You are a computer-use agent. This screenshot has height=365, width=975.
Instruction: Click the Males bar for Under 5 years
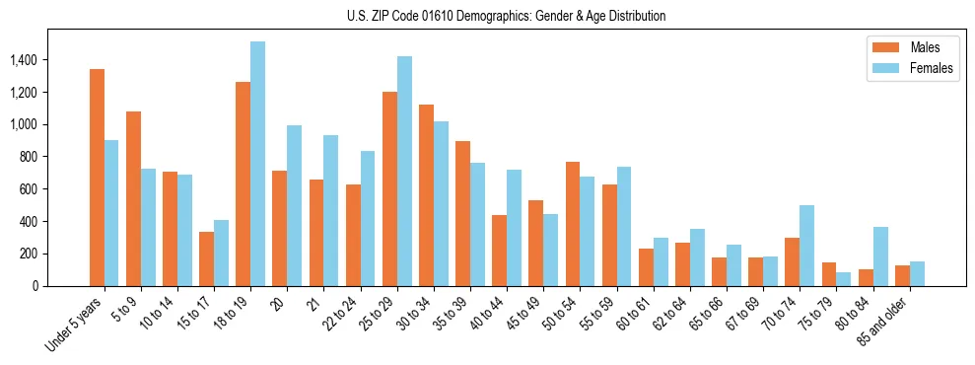(x=97, y=178)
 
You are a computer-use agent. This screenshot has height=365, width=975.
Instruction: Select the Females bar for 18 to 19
(x=257, y=164)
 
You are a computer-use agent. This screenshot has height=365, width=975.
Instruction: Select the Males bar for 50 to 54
(x=572, y=224)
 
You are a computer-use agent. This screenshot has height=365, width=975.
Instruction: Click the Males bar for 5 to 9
(x=133, y=198)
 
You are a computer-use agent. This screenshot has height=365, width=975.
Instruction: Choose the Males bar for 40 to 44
(x=499, y=251)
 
